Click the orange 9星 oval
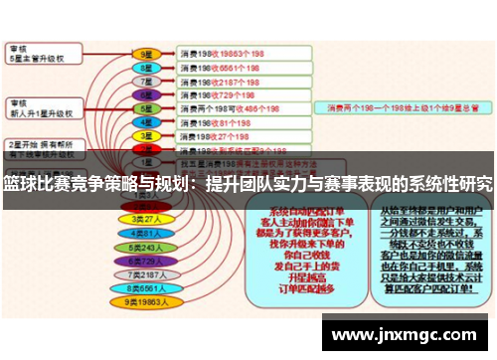point(146,54)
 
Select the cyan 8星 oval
point(146,68)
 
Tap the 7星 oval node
point(146,82)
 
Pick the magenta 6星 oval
point(146,95)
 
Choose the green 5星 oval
point(146,109)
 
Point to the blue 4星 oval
point(146,123)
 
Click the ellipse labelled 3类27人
point(146,219)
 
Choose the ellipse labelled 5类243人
point(146,247)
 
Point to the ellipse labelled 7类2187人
point(146,273)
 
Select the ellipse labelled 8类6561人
point(146,287)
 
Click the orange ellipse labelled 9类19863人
point(146,301)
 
